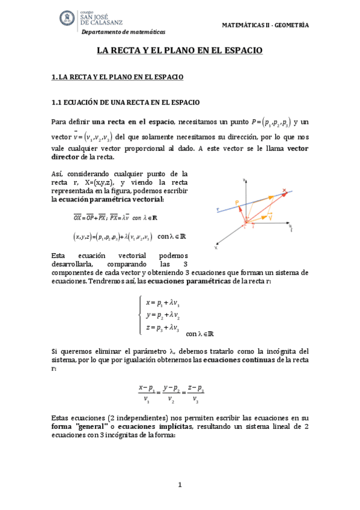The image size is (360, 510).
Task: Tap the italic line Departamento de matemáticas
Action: [x=123, y=32]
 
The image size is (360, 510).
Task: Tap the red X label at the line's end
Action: [x=285, y=191]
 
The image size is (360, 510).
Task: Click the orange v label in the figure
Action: [x=271, y=218]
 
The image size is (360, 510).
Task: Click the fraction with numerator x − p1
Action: [x=147, y=394]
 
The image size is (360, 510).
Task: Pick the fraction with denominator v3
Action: [x=195, y=394]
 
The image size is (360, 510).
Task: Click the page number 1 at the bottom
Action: [x=179, y=484]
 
